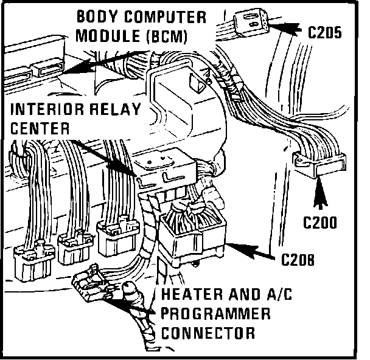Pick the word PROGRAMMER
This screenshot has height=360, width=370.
coord(216,314)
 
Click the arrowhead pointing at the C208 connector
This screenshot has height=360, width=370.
coord(235,244)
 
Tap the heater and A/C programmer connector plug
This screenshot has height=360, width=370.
coord(91,283)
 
